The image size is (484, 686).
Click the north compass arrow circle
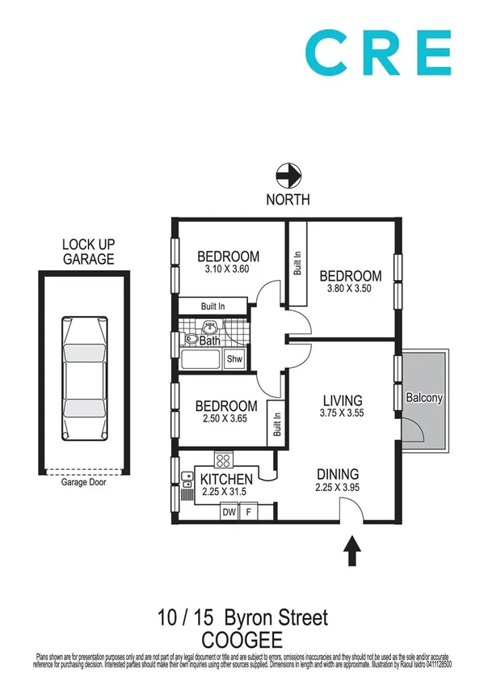click(x=288, y=175)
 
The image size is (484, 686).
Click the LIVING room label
click(x=343, y=400)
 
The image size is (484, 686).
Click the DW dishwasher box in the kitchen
click(x=229, y=511)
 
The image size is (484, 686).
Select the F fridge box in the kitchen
click(x=248, y=511)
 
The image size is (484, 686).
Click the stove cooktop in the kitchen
click(x=224, y=459)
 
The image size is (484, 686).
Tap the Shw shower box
click(x=234, y=359)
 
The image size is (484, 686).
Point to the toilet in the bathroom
click(x=190, y=341)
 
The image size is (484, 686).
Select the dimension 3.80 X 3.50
click(x=350, y=289)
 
